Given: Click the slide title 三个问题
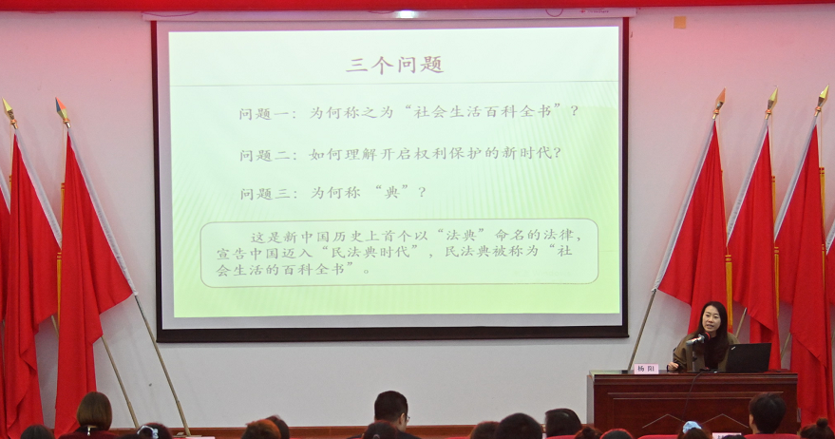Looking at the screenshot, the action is point(394,65).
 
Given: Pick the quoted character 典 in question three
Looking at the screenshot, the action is point(392,192).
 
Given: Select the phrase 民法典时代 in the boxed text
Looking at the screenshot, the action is point(371,252).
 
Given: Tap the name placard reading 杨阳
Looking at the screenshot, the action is point(645,368).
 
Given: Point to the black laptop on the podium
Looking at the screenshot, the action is point(749,357).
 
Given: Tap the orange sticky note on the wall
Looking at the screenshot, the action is point(679,22).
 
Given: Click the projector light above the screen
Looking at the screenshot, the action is point(408,14).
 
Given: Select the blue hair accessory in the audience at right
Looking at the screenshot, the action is point(692,427).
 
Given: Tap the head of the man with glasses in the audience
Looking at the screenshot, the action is point(390,410).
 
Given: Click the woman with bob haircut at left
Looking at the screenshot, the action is point(94,414).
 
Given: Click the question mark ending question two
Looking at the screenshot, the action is point(558,153).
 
